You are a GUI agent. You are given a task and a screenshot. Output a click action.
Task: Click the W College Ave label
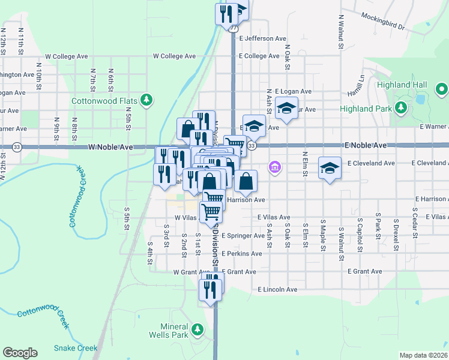click(174, 56)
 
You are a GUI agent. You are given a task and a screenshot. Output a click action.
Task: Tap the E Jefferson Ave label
click(262, 38)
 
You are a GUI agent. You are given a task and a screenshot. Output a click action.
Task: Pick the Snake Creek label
click(75, 348)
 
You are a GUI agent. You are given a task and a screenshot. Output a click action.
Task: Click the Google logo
click(20, 353)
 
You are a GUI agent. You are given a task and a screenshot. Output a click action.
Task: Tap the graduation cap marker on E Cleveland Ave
click(329, 167)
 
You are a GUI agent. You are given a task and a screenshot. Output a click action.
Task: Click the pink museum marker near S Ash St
click(275, 166)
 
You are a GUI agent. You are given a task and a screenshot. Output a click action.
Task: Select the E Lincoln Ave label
click(277, 289)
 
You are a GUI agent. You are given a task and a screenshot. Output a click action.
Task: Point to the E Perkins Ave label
click(242, 254)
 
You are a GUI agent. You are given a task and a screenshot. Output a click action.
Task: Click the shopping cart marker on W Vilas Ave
click(211, 211)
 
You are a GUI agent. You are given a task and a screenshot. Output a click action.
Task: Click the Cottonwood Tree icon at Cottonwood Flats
click(145, 99)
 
